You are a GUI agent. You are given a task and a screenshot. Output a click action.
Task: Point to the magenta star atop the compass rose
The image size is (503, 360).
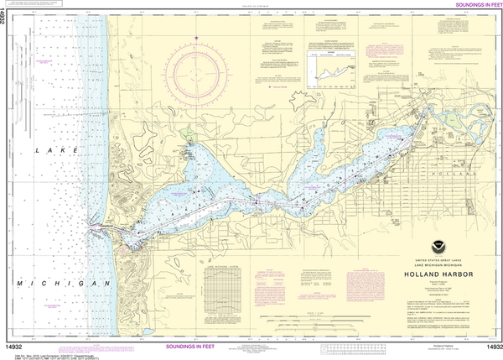[x=197, y=38]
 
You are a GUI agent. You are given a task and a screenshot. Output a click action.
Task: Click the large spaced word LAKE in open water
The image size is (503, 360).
[x=47, y=150]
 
